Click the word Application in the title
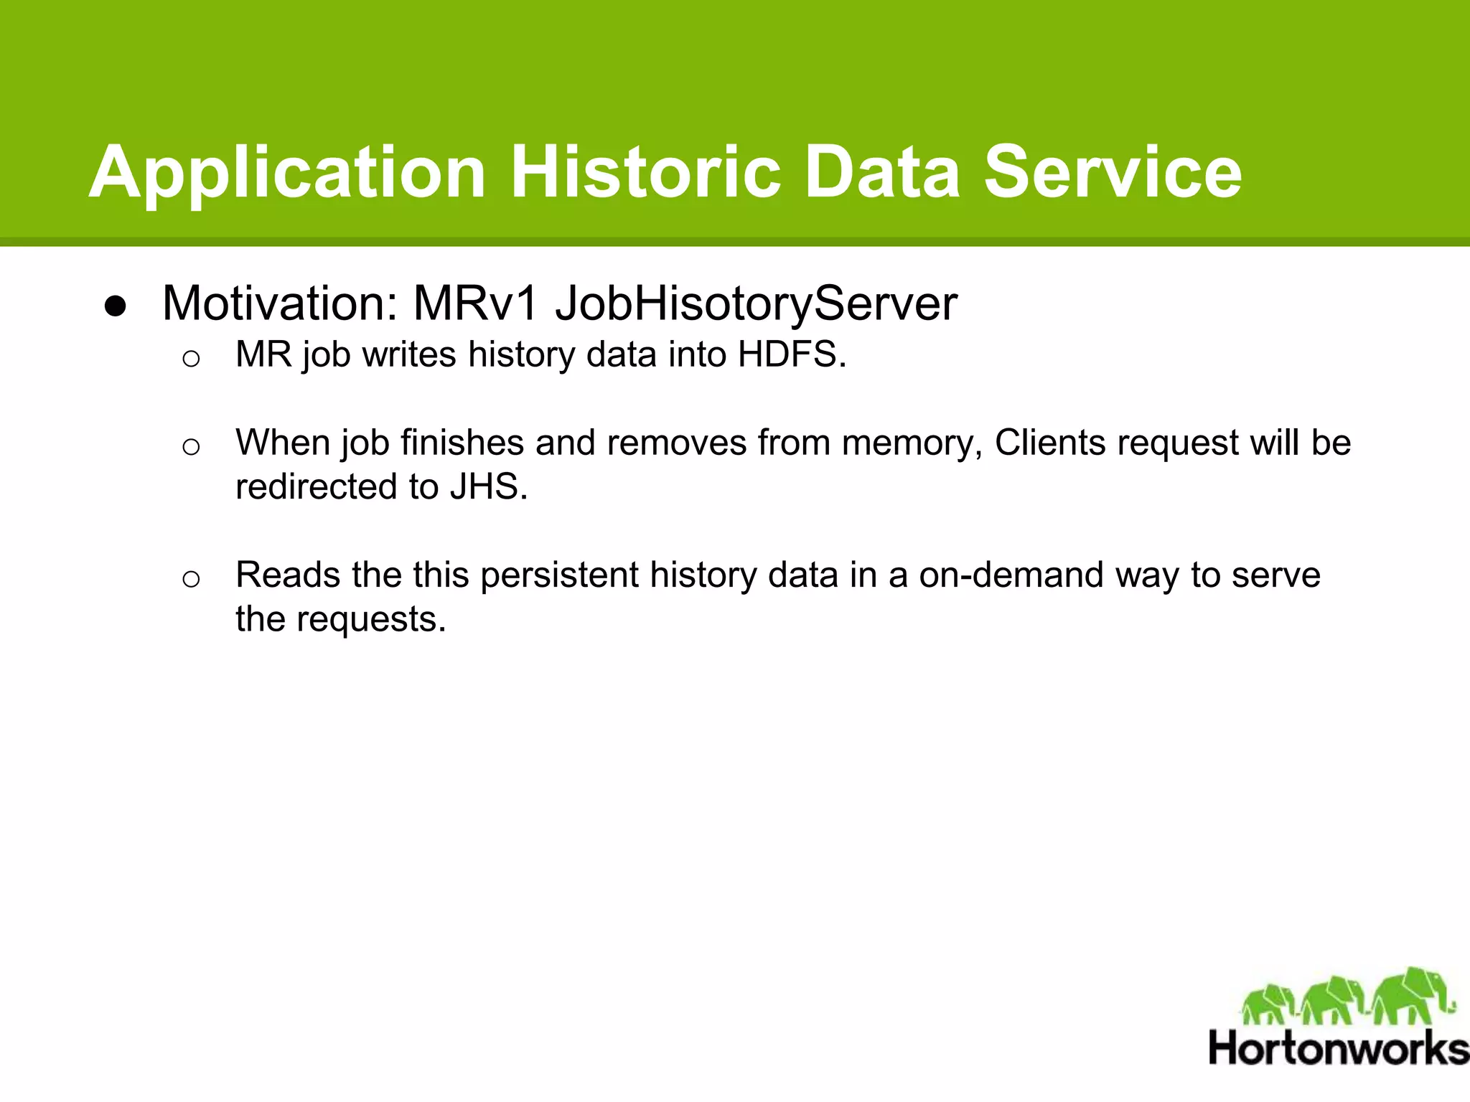click(287, 172)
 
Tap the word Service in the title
click(1113, 172)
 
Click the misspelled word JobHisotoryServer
click(756, 303)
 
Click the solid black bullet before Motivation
click(116, 306)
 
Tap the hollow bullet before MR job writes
click(190, 358)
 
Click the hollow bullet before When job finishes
click(190, 447)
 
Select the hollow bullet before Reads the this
click(190, 578)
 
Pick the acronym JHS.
click(488, 487)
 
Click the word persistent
click(559, 575)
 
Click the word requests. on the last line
click(371, 619)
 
